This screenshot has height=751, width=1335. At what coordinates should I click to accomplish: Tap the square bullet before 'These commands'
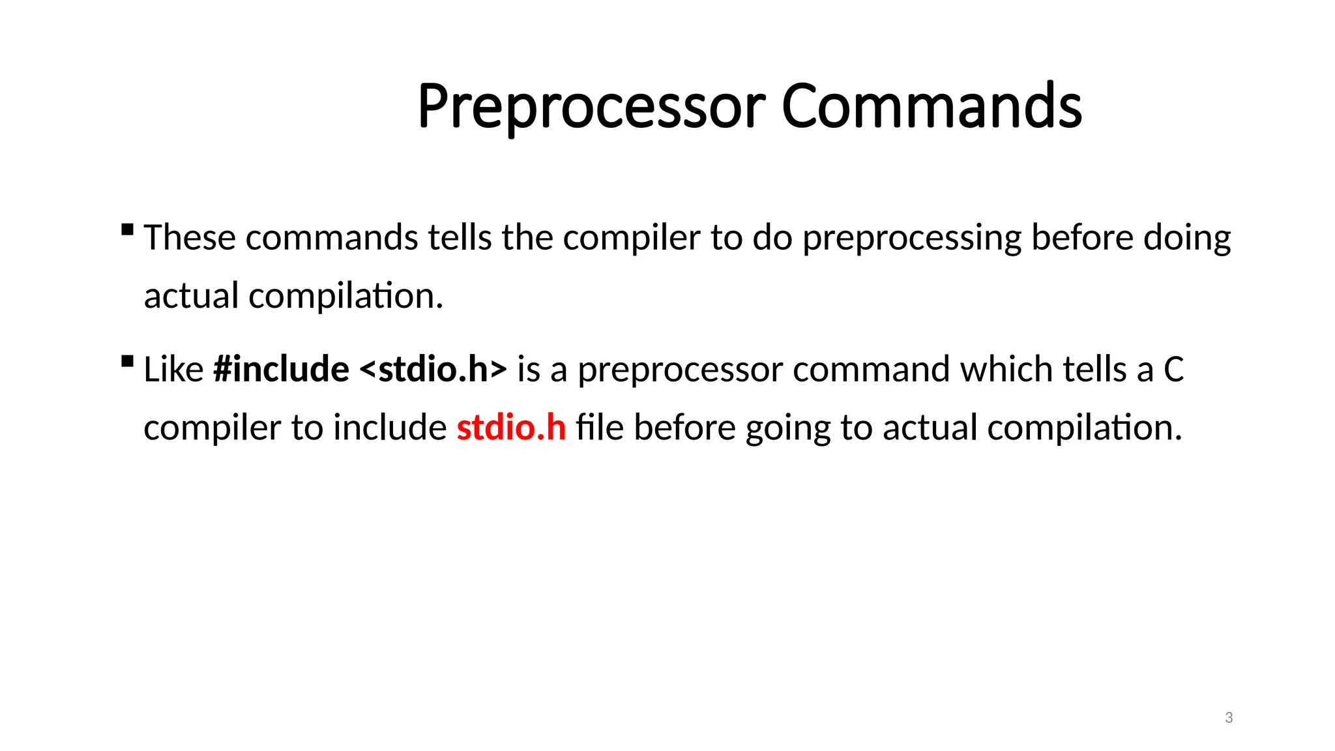(x=128, y=229)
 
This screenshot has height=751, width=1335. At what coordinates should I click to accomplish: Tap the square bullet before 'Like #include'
(x=128, y=361)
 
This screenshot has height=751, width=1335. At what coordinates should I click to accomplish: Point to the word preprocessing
(x=911, y=239)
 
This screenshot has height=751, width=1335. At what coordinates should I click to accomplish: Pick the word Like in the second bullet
(x=173, y=370)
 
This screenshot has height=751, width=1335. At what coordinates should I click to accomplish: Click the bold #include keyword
(x=281, y=370)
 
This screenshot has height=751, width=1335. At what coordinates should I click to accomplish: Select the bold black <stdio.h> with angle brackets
(x=433, y=370)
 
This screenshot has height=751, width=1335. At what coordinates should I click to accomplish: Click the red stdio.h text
(x=511, y=428)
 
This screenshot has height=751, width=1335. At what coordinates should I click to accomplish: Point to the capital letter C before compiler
(x=1173, y=370)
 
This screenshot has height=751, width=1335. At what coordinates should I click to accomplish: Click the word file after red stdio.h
(x=600, y=428)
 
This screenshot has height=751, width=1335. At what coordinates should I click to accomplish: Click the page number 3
(x=1229, y=718)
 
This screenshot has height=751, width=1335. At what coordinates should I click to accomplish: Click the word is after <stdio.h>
(x=529, y=370)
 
